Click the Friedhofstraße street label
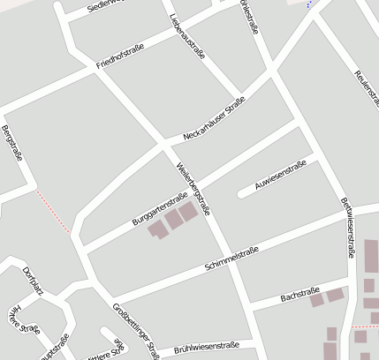(x=119, y=59)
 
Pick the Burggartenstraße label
(x=159, y=206)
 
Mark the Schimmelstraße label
(x=231, y=259)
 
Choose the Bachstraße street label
(x=299, y=295)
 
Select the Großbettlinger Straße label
(x=136, y=328)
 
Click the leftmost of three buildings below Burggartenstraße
(x=157, y=229)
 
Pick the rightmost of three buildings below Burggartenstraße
(x=187, y=212)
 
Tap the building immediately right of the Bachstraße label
(x=316, y=300)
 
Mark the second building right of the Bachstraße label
(x=335, y=295)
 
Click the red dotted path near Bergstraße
(x=53, y=210)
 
